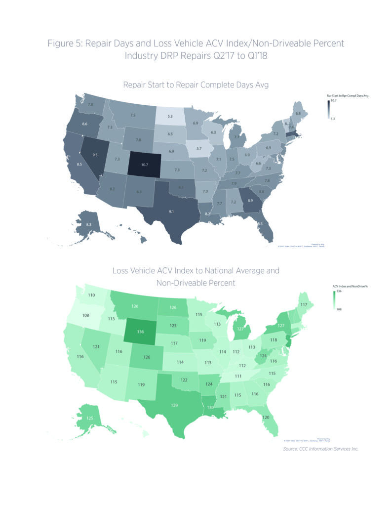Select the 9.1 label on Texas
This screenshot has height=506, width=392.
(171, 212)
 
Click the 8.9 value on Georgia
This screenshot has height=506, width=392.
(250, 201)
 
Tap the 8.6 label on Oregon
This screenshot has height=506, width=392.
(84, 124)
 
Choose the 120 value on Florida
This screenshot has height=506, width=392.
(266, 418)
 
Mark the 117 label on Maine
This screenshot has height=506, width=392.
(304, 304)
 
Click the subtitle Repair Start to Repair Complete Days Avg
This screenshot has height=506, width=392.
(196, 85)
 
